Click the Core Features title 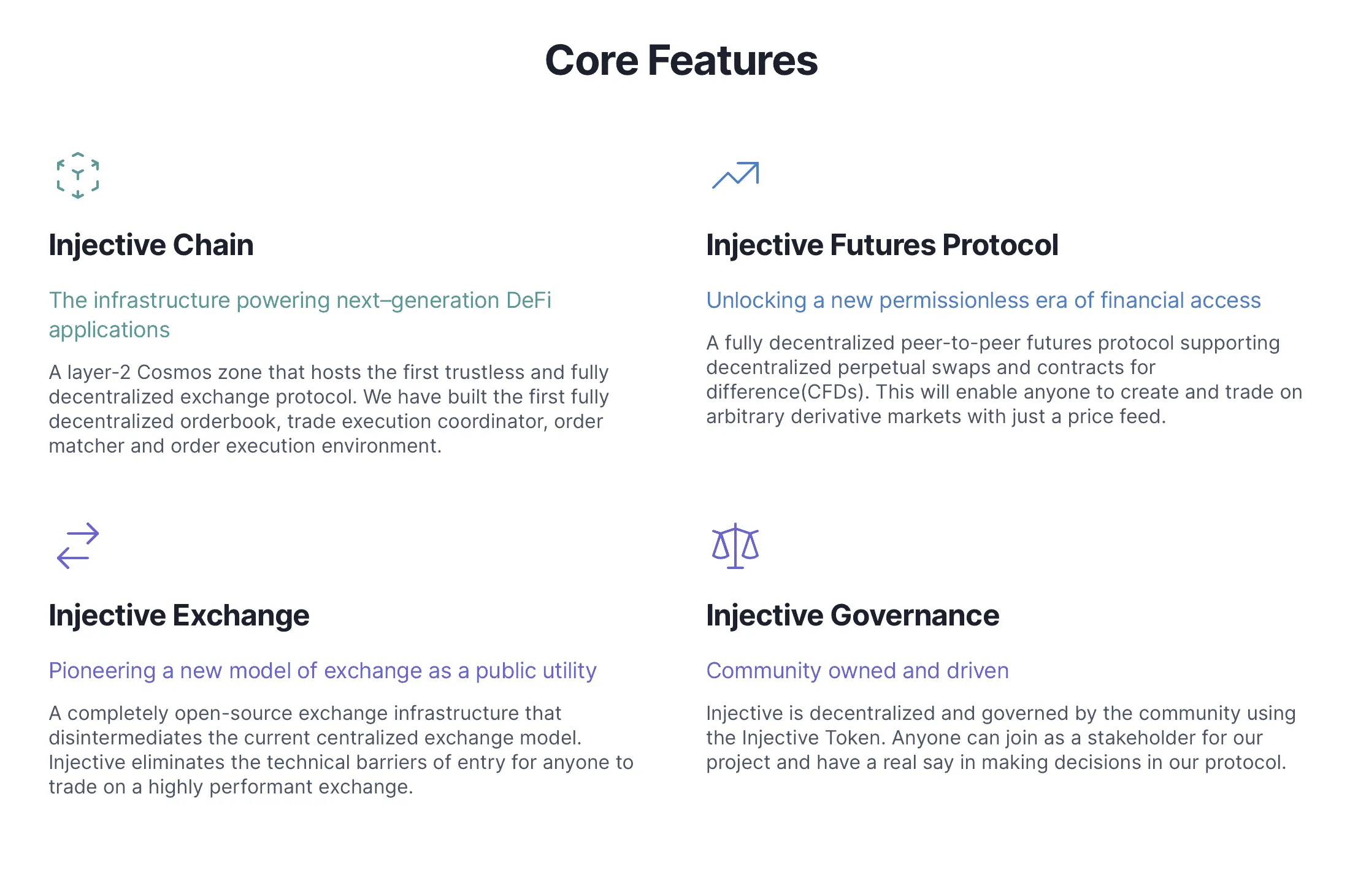[x=681, y=61]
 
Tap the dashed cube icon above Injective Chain [x=78, y=175]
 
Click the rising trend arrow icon [x=735, y=175]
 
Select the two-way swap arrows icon [x=78, y=546]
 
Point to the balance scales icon [x=735, y=546]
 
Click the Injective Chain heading [x=151, y=245]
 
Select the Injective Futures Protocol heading [x=882, y=245]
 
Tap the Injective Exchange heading [x=179, y=616]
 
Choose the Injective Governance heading [x=853, y=616]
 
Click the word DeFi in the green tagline [x=528, y=300]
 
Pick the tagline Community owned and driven [x=857, y=671]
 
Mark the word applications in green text [x=109, y=330]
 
